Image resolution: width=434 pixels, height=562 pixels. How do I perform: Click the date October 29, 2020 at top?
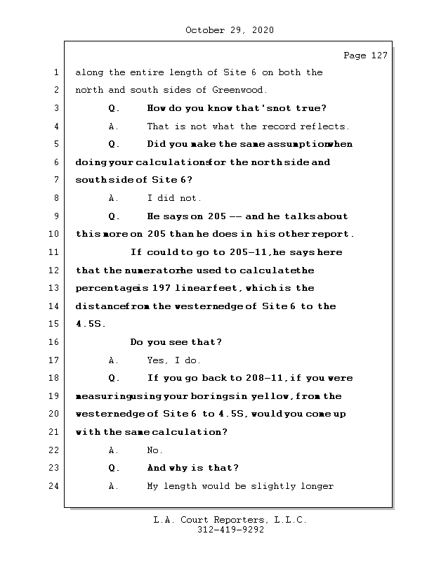coord(230,30)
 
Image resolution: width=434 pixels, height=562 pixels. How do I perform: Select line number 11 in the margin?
coord(55,252)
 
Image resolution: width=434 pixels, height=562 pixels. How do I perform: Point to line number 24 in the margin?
coord(55,486)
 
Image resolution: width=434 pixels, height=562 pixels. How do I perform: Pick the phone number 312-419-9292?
coord(230,530)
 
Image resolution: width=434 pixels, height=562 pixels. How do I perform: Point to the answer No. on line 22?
coord(154,450)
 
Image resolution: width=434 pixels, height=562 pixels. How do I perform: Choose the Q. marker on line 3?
coord(114,108)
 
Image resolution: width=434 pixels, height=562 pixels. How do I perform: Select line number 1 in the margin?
coord(55,72)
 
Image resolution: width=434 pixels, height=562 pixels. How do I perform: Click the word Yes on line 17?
coord(156,360)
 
